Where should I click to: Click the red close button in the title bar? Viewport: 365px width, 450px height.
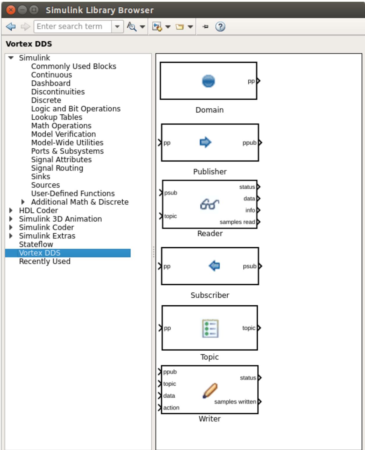[11, 10]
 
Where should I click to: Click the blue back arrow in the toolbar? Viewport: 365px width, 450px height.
[11, 27]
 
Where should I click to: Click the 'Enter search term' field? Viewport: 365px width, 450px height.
[72, 27]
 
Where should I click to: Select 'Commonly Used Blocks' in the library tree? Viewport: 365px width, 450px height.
[74, 66]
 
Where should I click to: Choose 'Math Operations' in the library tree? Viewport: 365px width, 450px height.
[61, 126]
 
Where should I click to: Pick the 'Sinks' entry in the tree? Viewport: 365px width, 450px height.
[41, 176]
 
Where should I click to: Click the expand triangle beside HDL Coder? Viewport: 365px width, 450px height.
[11, 210]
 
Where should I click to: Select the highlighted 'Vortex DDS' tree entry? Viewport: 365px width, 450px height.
[40, 253]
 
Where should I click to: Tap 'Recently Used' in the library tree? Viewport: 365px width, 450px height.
[45, 261]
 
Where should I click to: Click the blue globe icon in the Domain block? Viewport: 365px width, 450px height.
[208, 81]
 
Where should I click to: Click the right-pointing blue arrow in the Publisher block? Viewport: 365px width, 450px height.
[205, 142]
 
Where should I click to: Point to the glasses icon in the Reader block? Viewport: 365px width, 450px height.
[210, 204]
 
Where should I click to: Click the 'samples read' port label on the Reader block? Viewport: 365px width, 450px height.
[237, 222]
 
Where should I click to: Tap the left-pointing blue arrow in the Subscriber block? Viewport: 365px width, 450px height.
[214, 266]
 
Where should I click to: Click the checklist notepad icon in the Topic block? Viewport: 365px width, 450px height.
[210, 329]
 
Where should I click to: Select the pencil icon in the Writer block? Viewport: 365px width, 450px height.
[210, 391]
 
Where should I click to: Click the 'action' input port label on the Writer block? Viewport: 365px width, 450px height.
[171, 408]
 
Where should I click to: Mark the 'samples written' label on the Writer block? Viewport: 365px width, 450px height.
[235, 401]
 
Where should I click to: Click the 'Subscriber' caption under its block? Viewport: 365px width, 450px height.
[210, 295]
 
